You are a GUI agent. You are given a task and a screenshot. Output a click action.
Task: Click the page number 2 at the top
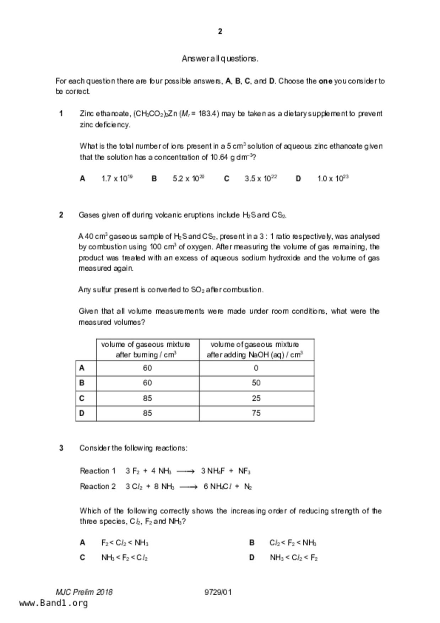[220, 32]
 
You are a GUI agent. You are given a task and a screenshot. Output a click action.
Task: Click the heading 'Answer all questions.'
[220, 59]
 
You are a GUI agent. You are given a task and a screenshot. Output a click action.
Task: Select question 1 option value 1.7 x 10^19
[117, 178]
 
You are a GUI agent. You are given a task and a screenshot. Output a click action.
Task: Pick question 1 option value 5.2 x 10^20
[188, 178]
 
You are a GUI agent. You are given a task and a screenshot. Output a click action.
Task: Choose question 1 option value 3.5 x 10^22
[260, 178]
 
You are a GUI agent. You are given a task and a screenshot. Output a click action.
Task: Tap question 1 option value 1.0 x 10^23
[333, 178]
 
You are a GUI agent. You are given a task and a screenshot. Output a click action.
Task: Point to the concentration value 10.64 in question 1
[219, 157]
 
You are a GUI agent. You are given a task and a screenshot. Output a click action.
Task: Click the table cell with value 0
[256, 368]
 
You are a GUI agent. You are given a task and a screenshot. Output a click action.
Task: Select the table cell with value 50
[256, 383]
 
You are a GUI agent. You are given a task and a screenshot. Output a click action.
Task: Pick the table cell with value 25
[256, 398]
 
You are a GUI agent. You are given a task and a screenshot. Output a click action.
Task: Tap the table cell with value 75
[256, 413]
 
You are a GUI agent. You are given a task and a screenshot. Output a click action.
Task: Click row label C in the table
[82, 398]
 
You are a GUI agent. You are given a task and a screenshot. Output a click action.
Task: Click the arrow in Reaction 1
[185, 471]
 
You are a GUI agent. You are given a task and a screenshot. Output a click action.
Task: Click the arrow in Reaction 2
[188, 487]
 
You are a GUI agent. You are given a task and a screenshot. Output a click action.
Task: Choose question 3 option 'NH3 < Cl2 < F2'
[293, 558]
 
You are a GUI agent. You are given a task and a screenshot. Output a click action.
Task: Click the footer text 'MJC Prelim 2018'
[84, 592]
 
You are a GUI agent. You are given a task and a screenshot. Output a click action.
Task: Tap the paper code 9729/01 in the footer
[218, 592]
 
